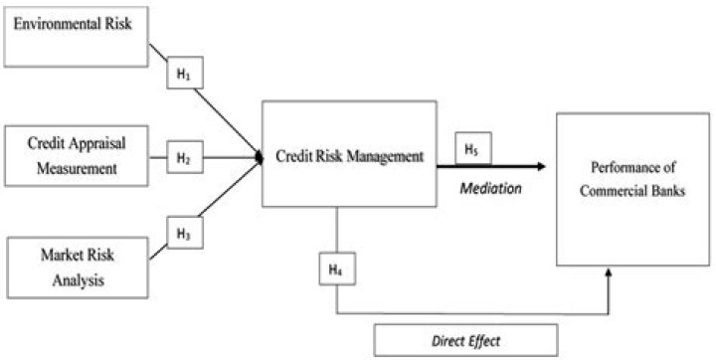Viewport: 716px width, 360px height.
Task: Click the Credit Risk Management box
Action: click(349, 154)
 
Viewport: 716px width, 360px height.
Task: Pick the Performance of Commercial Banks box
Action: click(633, 189)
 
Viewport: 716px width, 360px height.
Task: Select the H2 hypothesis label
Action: click(183, 157)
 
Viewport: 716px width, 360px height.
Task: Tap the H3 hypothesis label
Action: click(183, 235)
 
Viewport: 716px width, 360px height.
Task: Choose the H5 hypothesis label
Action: click(471, 150)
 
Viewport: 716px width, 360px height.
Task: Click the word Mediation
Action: click(490, 189)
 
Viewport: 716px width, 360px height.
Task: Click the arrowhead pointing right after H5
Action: click(541, 168)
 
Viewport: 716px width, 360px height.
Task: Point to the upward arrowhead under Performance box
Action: click(610, 271)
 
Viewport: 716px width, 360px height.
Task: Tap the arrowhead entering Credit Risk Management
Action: click(259, 156)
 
